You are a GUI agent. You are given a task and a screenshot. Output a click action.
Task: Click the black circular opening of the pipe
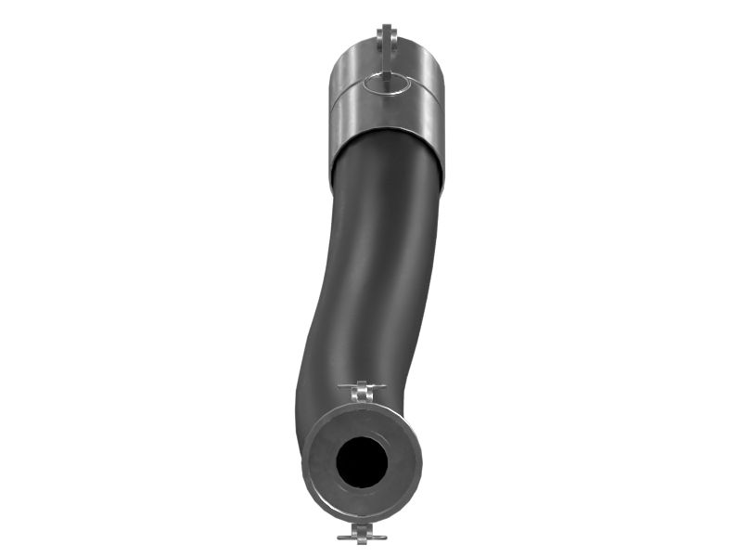362,462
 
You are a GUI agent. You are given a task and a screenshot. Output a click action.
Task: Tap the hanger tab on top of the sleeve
387,39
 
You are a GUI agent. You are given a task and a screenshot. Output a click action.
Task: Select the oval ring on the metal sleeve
387,84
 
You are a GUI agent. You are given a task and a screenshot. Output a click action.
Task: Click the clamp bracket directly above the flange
363,392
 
